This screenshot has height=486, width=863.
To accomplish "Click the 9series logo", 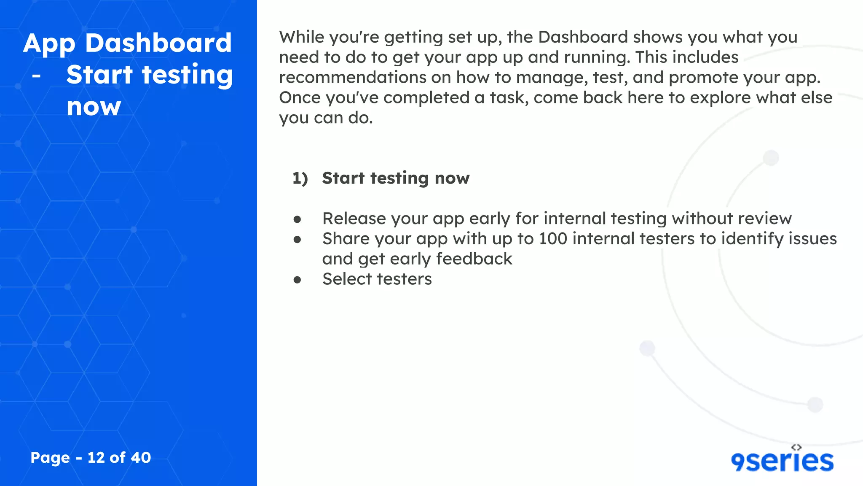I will (x=782, y=461).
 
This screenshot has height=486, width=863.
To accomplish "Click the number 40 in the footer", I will (x=141, y=457).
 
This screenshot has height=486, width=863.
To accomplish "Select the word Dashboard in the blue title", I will (x=158, y=43).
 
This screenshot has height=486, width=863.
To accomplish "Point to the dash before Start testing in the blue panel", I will (x=37, y=76).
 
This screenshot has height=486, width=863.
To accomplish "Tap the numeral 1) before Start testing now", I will (x=300, y=178).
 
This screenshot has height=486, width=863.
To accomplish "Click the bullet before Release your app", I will (x=297, y=219).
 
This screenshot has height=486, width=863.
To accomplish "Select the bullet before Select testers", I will (x=297, y=280).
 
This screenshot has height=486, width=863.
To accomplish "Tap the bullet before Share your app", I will (x=297, y=240).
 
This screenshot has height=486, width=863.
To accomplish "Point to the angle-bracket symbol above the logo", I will (x=796, y=447).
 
